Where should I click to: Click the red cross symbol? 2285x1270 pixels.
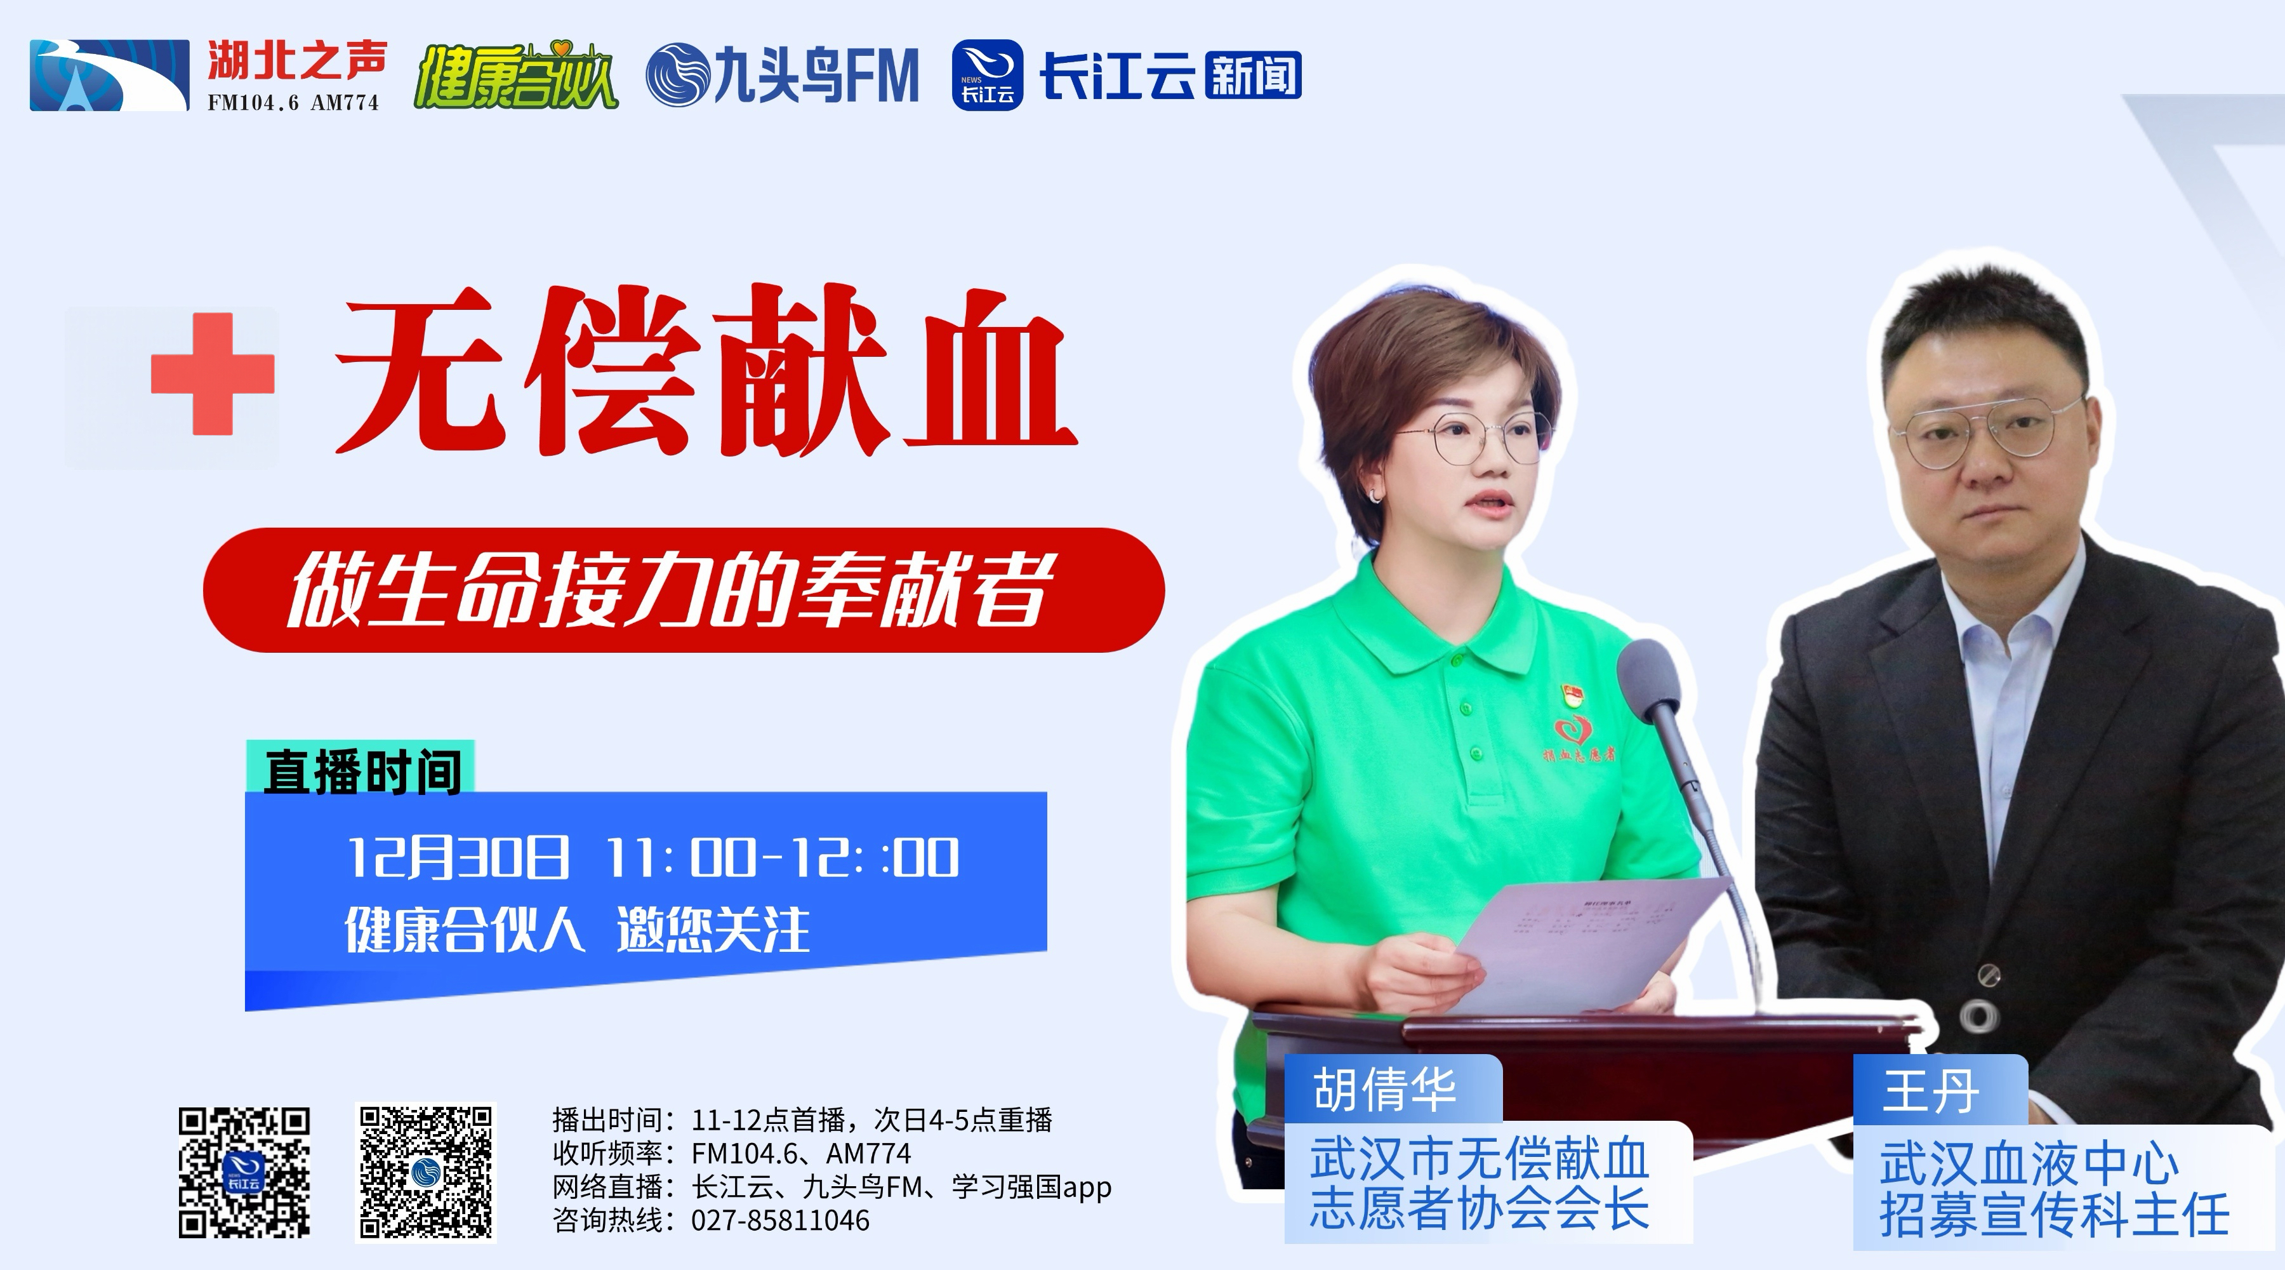pos(213,373)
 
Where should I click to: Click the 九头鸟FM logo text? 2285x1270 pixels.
pos(783,76)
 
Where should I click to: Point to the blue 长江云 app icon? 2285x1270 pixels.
pos(987,76)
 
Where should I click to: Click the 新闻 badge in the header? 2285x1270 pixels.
pos(1252,74)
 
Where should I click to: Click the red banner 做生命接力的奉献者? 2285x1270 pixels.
pos(683,590)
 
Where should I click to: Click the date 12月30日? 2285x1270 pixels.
pos(458,857)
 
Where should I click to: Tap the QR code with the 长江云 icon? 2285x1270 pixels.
pos(244,1172)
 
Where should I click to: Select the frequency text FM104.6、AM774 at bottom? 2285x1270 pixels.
pos(801,1153)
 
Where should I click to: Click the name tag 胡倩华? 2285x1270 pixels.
pos(1385,1089)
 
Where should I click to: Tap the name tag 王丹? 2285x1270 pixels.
pos(1930,1091)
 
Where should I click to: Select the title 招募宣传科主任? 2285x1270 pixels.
pos(2055,1214)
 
